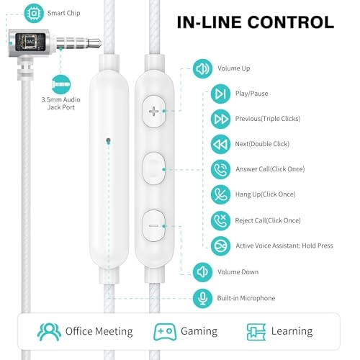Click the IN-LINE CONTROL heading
coord(256,22)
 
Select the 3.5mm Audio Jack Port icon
coord(62,83)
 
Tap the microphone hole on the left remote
coord(107,140)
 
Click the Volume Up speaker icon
coord(202,69)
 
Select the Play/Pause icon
coord(220,94)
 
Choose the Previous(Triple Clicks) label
coord(268,119)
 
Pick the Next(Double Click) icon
coord(220,144)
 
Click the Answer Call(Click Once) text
coord(270,169)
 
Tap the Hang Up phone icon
coord(220,194)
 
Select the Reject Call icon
coord(220,220)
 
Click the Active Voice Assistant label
coord(284,246)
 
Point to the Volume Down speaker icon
coord(202,271)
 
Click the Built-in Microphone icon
coord(202,297)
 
